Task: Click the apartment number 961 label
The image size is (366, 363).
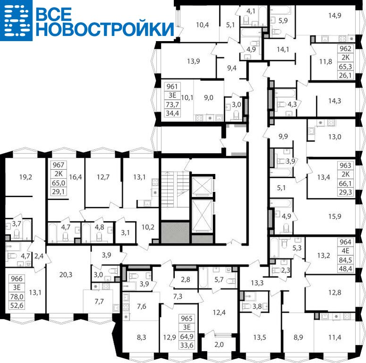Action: (172, 86)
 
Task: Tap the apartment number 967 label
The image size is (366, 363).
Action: (58, 165)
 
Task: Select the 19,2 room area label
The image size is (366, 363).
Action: (26, 177)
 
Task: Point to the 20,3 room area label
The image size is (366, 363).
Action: (66, 275)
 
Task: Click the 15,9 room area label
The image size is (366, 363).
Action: (335, 216)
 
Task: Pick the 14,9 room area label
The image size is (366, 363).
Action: (335, 16)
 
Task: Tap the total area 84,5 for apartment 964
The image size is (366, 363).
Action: (345, 260)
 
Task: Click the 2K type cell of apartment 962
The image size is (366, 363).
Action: (345, 58)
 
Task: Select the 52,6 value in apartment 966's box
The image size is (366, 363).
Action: (17, 305)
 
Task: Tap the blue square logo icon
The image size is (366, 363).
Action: (17, 20)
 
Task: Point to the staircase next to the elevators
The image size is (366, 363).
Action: (175, 189)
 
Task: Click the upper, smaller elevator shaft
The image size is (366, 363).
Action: (202, 186)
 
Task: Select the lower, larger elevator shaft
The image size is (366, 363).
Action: (202, 216)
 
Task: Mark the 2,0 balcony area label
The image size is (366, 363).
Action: (219, 345)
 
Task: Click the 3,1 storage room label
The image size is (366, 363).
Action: (125, 233)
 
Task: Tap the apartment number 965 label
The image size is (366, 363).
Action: (187, 319)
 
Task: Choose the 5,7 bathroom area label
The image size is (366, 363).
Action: (219, 280)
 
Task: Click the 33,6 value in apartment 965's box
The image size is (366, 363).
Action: (187, 345)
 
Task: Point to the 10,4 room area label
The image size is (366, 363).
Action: (203, 25)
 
